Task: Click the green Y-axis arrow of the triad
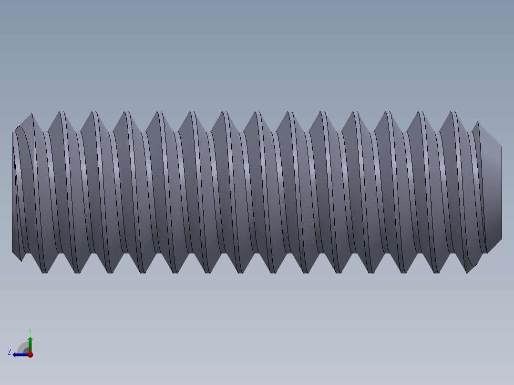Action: (x=30, y=343)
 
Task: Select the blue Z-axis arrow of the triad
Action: (x=19, y=355)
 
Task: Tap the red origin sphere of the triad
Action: (x=30, y=355)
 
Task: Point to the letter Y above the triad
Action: (x=30, y=331)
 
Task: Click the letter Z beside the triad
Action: (x=10, y=352)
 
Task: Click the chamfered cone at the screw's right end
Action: (x=491, y=191)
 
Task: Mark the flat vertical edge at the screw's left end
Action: (x=12, y=191)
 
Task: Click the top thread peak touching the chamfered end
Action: (x=477, y=123)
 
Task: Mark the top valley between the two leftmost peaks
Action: (x=46, y=131)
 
